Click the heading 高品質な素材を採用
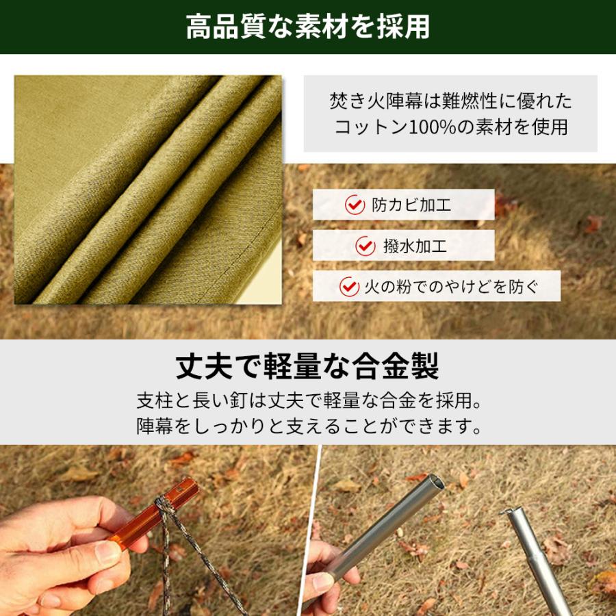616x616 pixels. [308, 27]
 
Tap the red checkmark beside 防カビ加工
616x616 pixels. [355, 205]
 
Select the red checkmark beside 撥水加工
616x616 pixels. [365, 246]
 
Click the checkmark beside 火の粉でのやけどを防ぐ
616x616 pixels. [349, 286]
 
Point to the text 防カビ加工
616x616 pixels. [411, 205]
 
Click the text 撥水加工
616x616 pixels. [415, 246]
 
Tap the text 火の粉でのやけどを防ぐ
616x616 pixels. [451, 286]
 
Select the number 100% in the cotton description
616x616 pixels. [432, 127]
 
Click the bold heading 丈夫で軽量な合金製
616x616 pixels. [307, 365]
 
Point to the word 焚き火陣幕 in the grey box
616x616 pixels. [376, 101]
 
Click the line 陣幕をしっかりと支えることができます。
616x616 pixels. [309, 426]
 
